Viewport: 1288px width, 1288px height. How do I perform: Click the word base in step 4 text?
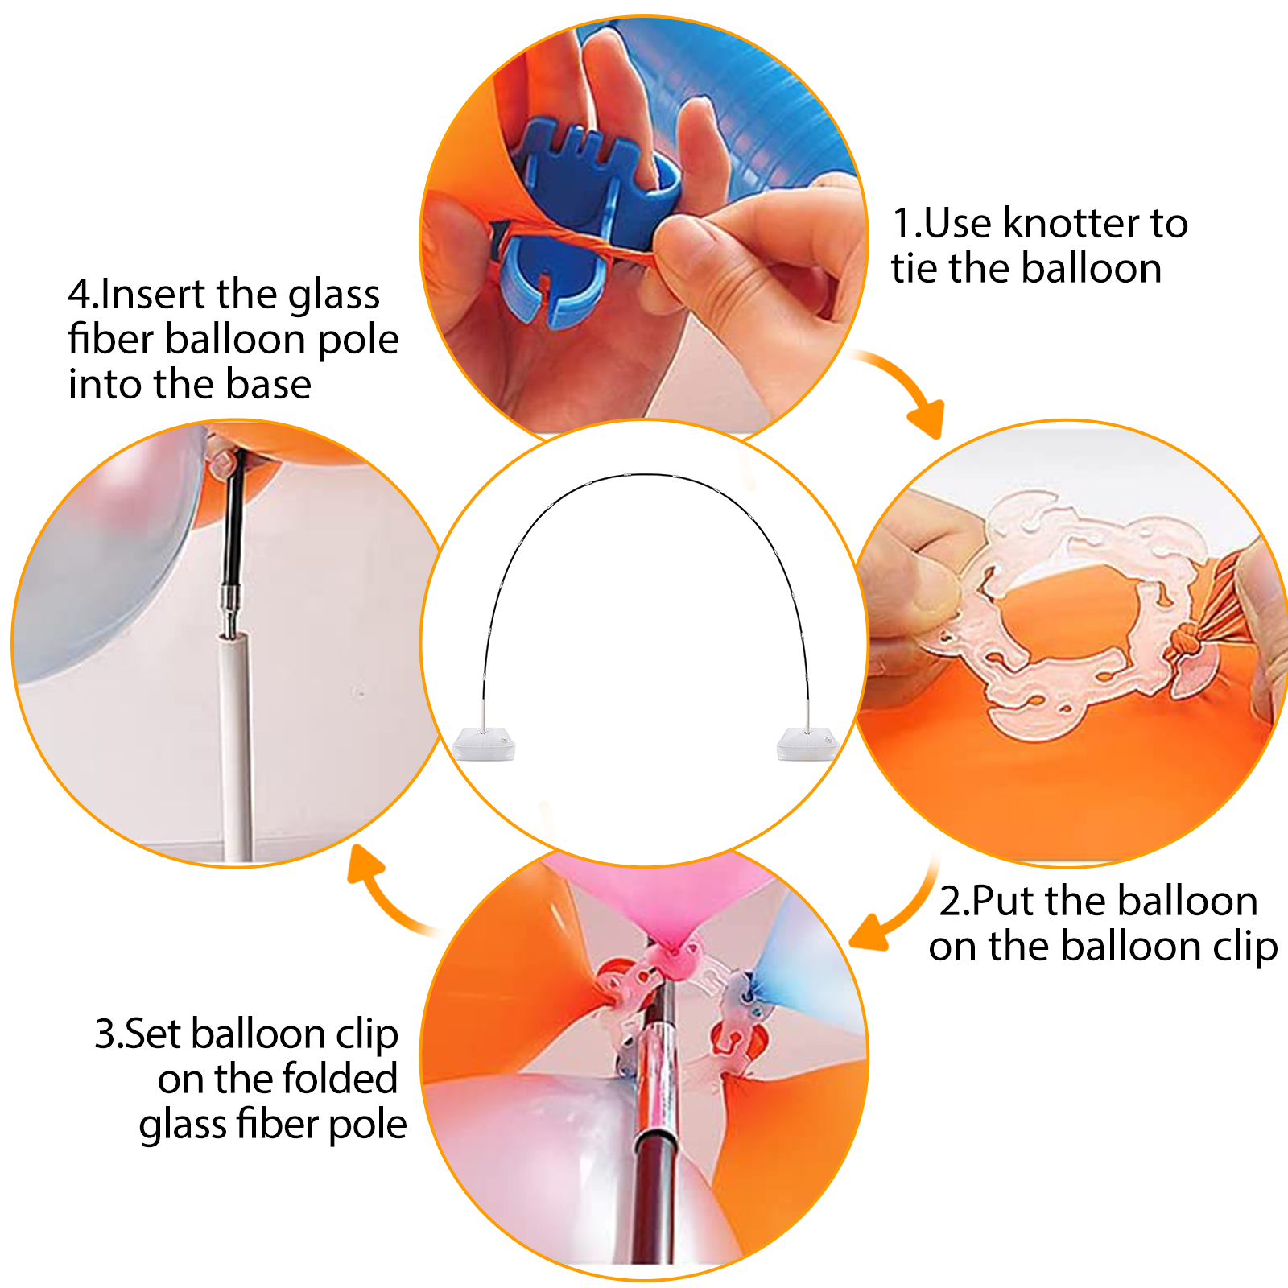pos(268,384)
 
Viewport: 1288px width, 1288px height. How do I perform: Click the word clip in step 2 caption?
pos(1245,947)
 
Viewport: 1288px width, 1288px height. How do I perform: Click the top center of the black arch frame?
pos(644,475)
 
